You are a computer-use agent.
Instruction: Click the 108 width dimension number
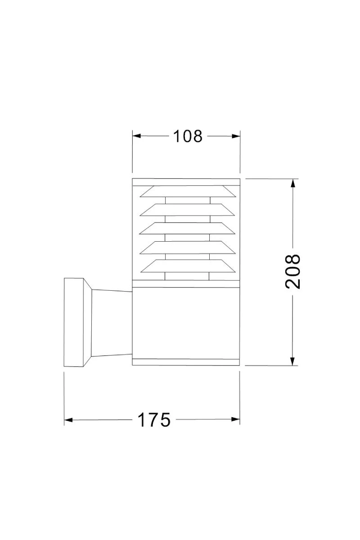[188, 136]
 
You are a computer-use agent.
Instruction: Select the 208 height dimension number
[293, 271]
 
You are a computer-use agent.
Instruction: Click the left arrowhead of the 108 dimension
[136, 136]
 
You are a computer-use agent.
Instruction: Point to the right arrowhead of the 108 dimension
[236, 136]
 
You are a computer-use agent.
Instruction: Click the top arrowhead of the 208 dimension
[293, 184]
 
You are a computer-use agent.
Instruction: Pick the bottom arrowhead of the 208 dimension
[292, 361]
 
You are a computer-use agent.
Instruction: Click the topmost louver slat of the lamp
[188, 191]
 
